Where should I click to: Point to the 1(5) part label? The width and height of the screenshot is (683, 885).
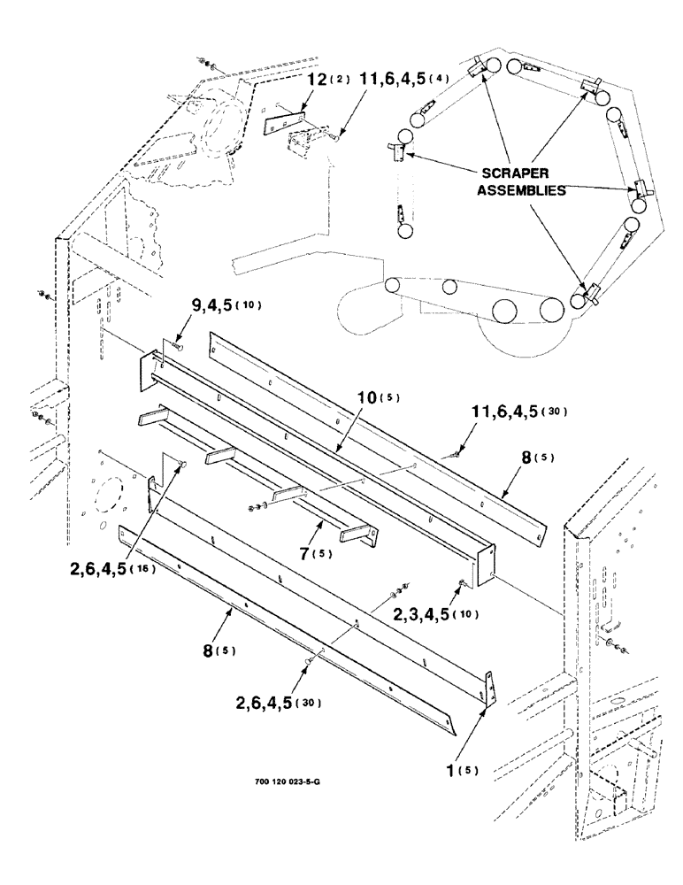click(x=461, y=769)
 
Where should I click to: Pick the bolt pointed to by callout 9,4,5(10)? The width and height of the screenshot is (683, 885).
click(x=175, y=346)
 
